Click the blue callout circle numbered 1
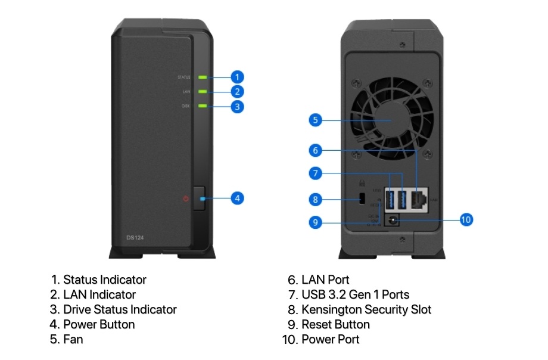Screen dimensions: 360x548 click(237, 77)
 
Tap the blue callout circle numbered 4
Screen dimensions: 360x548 click(237, 198)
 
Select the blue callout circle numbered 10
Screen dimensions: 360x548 click(466, 220)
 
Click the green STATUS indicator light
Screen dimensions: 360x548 click(203, 77)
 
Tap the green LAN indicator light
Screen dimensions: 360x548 click(203, 92)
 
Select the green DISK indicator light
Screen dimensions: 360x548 click(203, 106)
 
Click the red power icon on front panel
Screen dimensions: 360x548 click(186, 198)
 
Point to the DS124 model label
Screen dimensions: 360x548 click(135, 237)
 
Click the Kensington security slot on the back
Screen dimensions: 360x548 click(362, 198)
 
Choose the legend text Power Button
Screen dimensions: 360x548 click(99, 324)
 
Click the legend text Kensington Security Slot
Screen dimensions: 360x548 click(366, 309)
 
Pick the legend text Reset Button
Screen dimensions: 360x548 click(335, 324)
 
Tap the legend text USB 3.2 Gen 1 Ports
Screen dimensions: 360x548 click(355, 294)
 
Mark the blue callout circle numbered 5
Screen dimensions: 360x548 click(316, 120)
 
